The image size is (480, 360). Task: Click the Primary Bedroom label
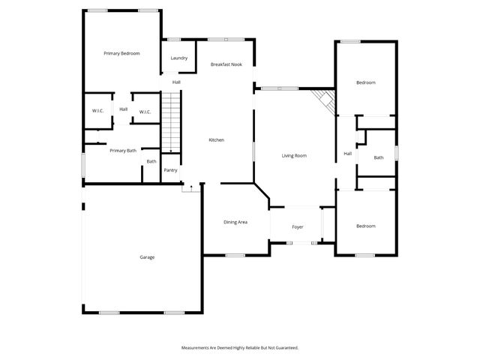click(121, 53)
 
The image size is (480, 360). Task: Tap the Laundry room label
click(178, 58)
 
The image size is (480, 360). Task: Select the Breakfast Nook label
click(226, 64)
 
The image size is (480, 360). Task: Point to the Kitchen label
click(216, 140)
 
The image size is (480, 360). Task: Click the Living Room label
click(294, 156)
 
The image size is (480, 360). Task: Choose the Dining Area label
click(235, 222)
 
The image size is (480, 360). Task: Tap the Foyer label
click(298, 226)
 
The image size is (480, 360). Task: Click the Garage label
click(147, 257)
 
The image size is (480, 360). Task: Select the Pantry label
click(170, 170)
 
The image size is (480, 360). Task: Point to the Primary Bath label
click(123, 151)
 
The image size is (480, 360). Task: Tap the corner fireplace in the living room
click(324, 100)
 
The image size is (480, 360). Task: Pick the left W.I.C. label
click(97, 112)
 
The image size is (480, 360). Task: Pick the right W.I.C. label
click(145, 112)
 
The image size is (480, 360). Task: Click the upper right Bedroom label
click(366, 82)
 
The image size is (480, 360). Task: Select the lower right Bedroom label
click(366, 226)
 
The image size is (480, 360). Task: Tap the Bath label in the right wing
click(379, 157)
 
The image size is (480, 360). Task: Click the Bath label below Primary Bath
click(151, 161)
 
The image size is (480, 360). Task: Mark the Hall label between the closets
click(123, 109)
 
